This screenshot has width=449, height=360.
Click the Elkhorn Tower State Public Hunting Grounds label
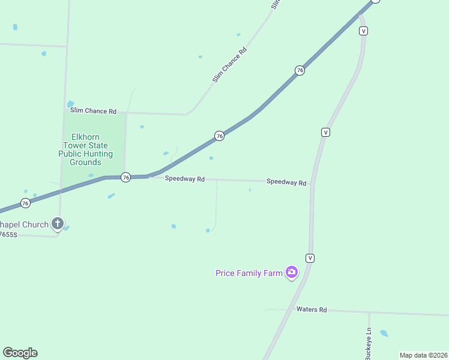point(85,149)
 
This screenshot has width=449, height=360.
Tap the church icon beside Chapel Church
point(58,224)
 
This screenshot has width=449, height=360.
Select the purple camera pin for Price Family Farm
point(292,272)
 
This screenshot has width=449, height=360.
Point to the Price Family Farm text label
point(249,273)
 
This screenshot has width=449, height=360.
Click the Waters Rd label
point(312,310)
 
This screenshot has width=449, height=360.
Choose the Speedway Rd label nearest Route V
point(286,182)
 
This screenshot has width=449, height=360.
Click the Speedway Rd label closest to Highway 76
point(185,179)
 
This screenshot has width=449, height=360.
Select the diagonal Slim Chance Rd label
point(229,65)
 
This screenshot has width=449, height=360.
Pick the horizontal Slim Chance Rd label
point(93,111)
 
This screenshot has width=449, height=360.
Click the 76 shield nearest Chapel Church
point(25,203)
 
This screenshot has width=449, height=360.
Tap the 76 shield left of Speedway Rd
point(125,177)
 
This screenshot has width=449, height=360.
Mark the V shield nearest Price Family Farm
point(310,258)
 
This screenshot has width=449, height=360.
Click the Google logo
point(20,353)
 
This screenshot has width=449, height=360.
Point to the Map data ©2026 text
point(423,355)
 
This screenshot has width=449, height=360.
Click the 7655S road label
point(8,235)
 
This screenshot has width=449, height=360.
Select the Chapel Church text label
point(24,224)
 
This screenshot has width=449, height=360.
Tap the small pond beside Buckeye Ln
point(384,333)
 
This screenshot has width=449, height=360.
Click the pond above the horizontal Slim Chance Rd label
point(70,104)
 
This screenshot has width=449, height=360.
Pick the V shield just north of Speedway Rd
point(325,132)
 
